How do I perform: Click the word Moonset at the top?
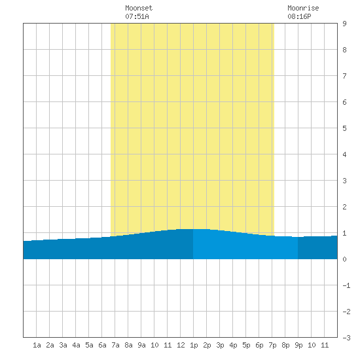[139, 8]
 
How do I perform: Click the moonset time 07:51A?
[137, 16]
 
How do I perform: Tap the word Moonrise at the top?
[303, 8]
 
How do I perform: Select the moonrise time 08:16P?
[299, 16]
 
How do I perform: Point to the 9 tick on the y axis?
[344, 24]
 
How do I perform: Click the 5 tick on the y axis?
[344, 128]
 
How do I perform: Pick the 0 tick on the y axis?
[344, 259]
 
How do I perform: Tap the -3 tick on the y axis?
[346, 338]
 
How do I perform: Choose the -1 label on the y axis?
[346, 285]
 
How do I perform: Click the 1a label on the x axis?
[37, 345]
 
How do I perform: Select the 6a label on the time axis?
[102, 345]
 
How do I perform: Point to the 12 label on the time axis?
[181, 345]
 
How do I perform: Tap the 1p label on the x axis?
[194, 345]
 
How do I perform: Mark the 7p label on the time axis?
[272, 345]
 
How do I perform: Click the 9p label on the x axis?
[298, 345]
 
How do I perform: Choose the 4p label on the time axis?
[233, 345]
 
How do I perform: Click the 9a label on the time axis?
[141, 345]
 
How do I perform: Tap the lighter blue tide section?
[245, 245]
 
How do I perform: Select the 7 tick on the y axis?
[344, 76]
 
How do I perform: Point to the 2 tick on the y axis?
[344, 207]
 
